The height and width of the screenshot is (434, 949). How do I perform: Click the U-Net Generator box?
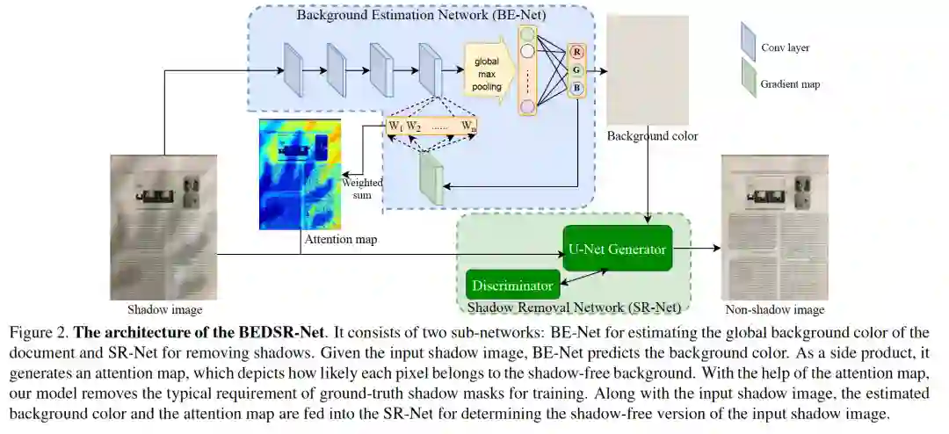tap(617, 249)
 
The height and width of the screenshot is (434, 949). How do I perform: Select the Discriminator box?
tap(512, 286)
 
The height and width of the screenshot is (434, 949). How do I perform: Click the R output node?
tap(577, 52)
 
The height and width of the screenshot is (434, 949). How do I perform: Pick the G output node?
tap(577, 70)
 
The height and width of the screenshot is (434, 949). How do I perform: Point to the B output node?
tap(577, 88)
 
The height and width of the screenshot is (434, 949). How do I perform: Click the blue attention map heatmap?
tap(301, 175)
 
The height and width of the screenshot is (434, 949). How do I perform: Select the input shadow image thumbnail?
tap(164, 227)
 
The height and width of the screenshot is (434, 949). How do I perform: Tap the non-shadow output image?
tap(774, 227)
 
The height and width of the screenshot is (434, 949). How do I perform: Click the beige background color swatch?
tap(648, 69)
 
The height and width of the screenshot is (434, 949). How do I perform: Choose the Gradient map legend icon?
tap(749, 77)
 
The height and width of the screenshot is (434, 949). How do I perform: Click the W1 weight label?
tap(395, 127)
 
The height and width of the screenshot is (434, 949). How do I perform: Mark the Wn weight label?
tap(469, 127)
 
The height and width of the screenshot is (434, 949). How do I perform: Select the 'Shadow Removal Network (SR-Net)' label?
tap(574, 307)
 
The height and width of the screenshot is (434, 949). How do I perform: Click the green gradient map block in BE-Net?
tap(431, 178)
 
